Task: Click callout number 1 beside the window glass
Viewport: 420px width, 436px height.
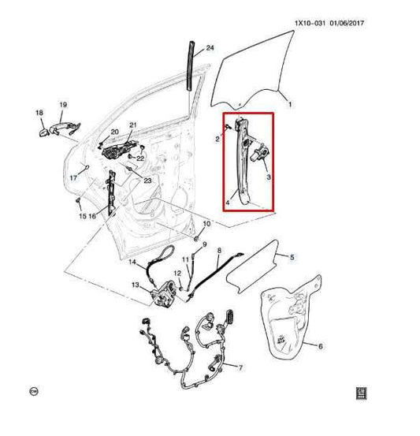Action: coord(289,104)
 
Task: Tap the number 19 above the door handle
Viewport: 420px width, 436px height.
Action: coord(63,104)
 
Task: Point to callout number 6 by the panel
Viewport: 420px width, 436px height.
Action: coord(320,345)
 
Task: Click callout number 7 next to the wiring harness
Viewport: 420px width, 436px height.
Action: coord(241,367)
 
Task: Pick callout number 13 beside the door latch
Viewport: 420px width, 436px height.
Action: coord(136,285)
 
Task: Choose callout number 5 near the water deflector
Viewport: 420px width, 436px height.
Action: coord(292,257)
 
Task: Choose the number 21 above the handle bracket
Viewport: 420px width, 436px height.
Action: coord(133,126)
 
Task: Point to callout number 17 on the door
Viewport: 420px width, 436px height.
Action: coord(72,178)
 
